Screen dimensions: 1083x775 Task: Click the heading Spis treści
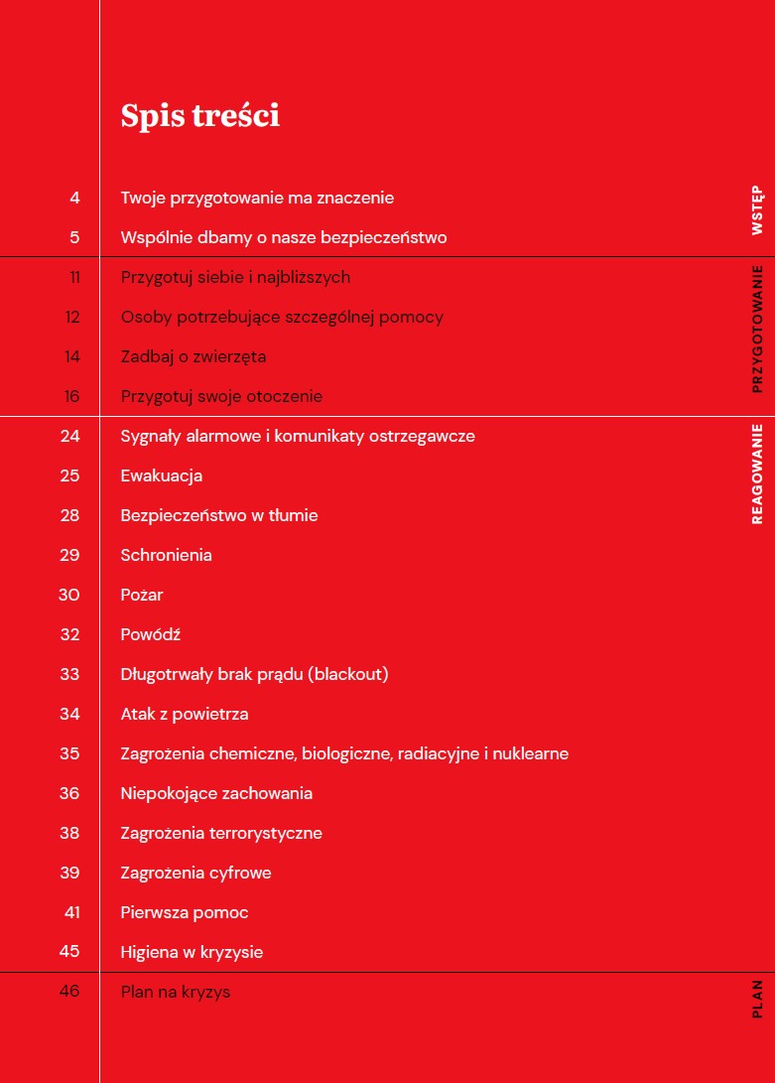click(199, 116)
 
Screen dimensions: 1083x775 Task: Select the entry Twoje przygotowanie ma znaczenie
click(257, 198)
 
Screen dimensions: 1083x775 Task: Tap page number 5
click(74, 237)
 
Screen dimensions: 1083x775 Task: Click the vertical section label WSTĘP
click(757, 209)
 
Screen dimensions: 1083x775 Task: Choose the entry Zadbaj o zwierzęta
click(193, 356)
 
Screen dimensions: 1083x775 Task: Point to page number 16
click(71, 396)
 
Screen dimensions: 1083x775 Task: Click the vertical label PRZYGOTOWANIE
click(757, 329)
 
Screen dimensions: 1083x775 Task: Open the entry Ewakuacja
click(161, 475)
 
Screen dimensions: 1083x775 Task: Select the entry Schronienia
click(166, 555)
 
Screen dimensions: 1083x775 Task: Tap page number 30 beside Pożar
click(69, 595)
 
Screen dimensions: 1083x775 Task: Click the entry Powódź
click(150, 634)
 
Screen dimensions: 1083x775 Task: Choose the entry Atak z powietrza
click(184, 714)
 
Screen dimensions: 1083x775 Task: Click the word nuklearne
click(532, 753)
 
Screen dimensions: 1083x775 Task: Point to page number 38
click(69, 833)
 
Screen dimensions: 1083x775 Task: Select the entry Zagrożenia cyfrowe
click(195, 873)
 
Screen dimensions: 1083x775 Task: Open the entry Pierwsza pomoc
click(184, 912)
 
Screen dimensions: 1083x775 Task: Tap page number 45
click(69, 952)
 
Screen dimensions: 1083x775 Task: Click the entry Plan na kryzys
click(175, 992)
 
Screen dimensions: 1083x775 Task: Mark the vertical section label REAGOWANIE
click(757, 474)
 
